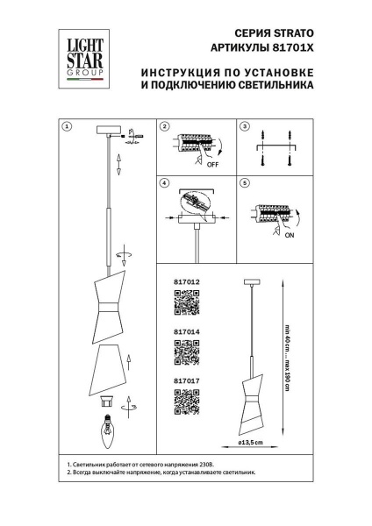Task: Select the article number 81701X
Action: pos(295,50)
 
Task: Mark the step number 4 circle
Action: pos(164,184)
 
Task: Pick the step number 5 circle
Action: pos(246,184)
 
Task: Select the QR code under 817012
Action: pos(187,303)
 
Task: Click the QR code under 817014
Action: pos(187,352)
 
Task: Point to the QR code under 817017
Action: pos(187,400)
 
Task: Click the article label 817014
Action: pos(188,332)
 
